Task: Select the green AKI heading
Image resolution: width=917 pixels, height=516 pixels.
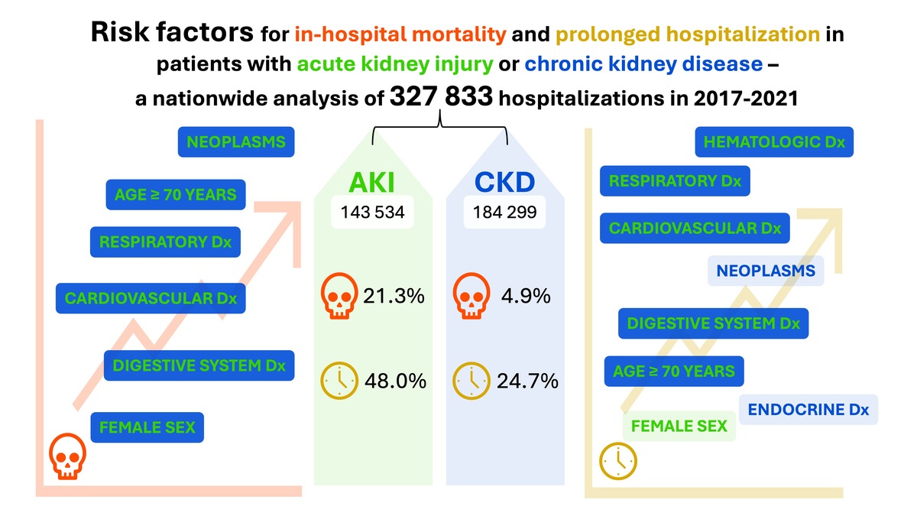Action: [372, 183]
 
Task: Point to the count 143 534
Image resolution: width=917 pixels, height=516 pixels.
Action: [372, 213]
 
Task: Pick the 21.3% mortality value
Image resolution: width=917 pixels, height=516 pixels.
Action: [394, 296]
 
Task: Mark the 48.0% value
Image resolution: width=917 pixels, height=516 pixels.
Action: [394, 380]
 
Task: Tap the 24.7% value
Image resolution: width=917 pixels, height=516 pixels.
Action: [527, 380]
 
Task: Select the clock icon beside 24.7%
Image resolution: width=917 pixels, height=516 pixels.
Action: [471, 380]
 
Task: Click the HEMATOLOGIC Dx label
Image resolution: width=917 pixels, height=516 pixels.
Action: [774, 143]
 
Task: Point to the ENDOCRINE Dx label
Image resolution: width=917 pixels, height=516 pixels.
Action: [808, 409]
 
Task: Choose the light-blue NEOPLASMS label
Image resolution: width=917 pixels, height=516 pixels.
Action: [766, 271]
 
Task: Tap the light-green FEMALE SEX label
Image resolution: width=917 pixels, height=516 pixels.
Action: [679, 426]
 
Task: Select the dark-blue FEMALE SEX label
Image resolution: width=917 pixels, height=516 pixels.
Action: [147, 427]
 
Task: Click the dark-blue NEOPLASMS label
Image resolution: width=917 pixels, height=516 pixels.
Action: [235, 142]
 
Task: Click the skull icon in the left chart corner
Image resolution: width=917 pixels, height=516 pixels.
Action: [68, 456]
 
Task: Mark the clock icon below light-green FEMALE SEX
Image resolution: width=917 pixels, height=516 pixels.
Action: [617, 460]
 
